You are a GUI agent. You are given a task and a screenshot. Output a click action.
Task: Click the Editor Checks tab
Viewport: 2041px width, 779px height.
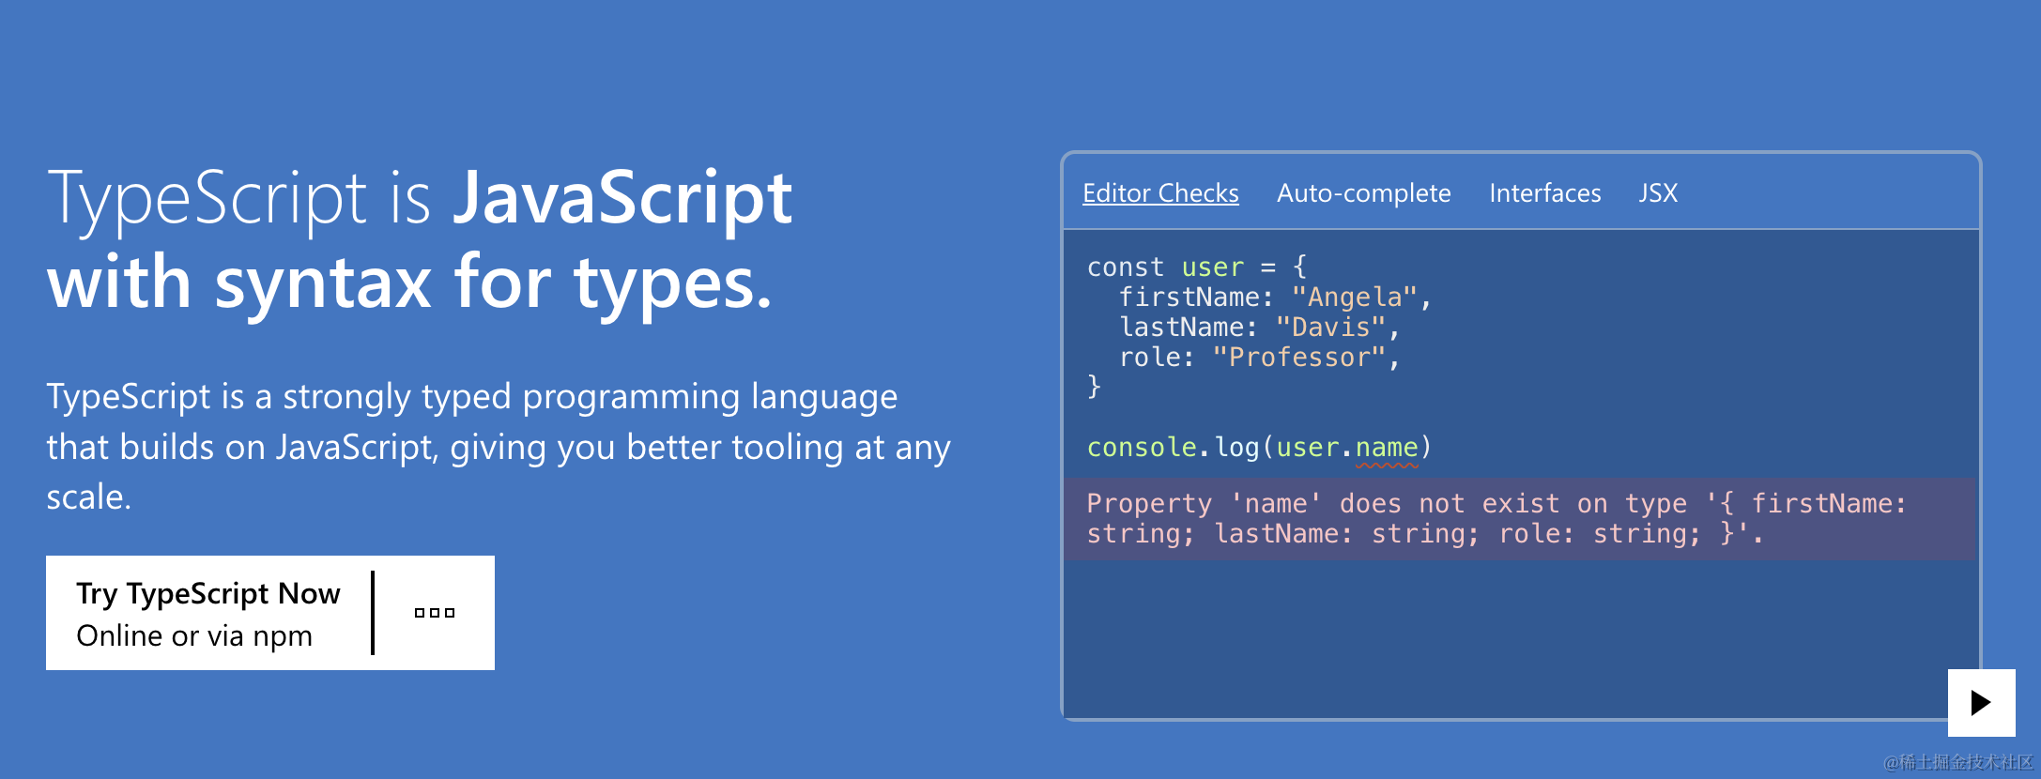point(1160,193)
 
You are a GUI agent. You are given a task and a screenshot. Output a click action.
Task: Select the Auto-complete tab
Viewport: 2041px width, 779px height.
point(1363,193)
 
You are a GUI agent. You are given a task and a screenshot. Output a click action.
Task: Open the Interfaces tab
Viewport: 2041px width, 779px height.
point(1544,193)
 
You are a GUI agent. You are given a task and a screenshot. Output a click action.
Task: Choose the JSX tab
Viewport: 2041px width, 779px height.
point(1658,193)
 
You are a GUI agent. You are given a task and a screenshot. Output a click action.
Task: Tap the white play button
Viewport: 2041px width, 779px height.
point(1981,703)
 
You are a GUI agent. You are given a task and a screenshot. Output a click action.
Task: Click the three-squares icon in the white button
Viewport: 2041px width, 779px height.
point(435,613)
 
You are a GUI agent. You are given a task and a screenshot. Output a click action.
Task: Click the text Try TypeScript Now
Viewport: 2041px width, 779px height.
point(208,593)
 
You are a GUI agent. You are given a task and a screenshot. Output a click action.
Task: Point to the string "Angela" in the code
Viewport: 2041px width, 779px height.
point(1355,298)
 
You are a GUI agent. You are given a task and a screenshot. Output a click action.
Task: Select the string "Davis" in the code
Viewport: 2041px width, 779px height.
point(1331,328)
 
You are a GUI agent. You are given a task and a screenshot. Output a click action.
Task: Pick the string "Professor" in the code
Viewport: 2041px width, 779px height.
point(1299,358)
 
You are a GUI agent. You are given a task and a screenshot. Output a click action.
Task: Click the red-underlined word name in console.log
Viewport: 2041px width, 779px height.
point(1387,448)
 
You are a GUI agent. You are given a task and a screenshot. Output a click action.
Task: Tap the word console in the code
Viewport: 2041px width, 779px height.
point(1142,448)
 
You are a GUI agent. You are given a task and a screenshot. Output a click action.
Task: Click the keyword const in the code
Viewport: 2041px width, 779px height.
point(1125,267)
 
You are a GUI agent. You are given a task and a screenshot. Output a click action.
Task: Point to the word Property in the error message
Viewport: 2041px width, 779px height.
point(1149,504)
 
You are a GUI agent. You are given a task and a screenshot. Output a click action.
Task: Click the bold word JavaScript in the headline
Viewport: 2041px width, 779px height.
point(622,199)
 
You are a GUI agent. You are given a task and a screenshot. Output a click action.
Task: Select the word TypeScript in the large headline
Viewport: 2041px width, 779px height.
point(207,199)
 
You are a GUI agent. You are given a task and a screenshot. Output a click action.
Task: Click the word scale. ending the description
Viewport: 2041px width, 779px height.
point(89,497)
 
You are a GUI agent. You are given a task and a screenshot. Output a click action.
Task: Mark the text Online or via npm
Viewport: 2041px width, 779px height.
point(194,636)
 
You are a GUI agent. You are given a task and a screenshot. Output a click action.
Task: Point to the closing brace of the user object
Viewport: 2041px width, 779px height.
point(1094,387)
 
